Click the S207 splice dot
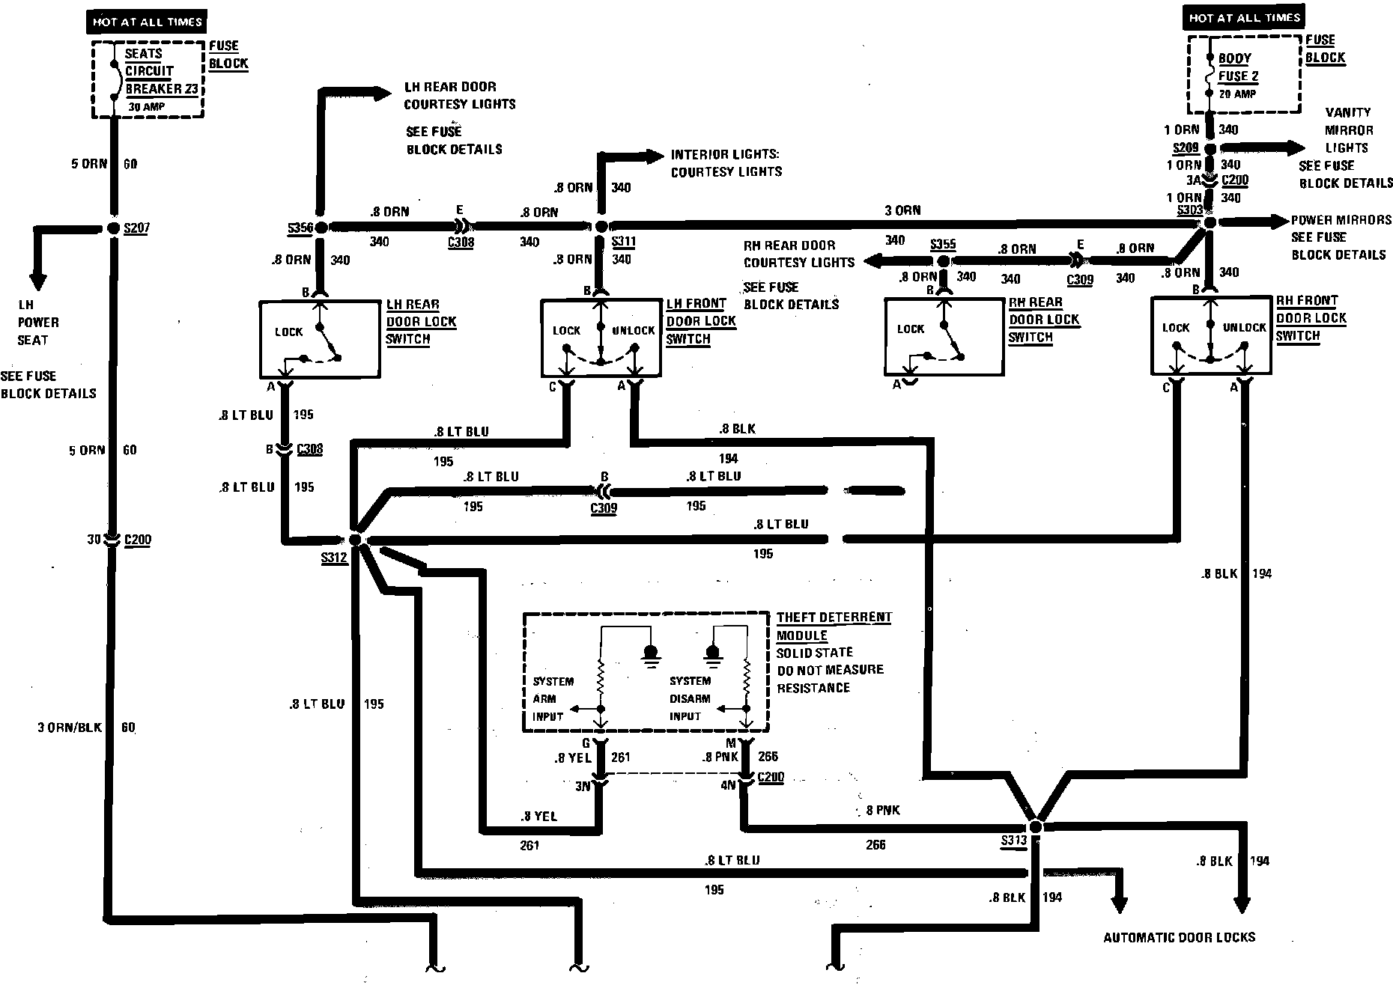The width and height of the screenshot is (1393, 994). tap(113, 228)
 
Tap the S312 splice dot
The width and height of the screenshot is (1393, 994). tap(356, 540)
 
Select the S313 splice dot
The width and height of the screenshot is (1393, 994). tap(1035, 826)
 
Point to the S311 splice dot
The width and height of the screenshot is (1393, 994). tap(601, 226)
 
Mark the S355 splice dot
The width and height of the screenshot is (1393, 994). tap(944, 260)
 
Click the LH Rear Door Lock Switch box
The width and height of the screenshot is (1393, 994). tap(320, 339)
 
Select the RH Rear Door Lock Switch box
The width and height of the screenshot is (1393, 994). tap(944, 336)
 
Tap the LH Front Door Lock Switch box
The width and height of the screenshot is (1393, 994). tap(601, 338)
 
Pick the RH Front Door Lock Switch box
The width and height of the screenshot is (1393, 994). tap(1211, 335)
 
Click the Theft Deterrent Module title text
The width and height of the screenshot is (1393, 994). tap(833, 626)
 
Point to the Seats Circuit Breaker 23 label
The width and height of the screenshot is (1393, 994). tap(160, 71)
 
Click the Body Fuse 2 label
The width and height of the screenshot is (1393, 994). tap(1238, 67)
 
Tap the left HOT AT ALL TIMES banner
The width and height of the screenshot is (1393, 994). tap(147, 22)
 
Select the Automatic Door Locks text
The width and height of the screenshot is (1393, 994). tap(1179, 937)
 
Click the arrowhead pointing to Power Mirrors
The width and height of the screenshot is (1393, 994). tap(1273, 222)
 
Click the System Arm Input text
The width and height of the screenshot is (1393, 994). tap(553, 699)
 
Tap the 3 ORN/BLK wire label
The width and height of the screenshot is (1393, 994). tap(69, 728)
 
